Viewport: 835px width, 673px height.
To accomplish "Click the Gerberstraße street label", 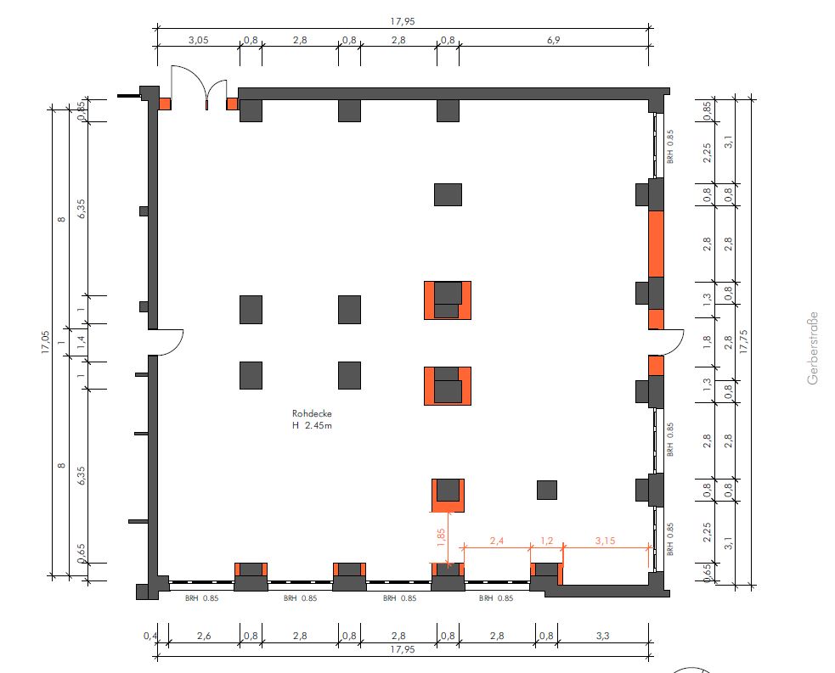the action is click(813, 348).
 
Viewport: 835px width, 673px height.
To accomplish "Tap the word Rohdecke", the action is click(312, 413).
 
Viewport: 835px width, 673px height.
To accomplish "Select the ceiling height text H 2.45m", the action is click(312, 426).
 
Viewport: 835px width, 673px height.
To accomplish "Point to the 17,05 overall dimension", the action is click(45, 343).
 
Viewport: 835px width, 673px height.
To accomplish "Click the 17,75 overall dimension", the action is click(743, 341).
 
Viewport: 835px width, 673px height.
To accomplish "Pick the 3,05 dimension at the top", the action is click(198, 40).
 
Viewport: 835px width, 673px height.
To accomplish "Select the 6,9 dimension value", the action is click(553, 40).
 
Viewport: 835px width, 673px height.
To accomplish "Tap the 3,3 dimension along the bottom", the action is click(602, 635).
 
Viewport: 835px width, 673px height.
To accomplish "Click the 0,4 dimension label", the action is click(150, 635).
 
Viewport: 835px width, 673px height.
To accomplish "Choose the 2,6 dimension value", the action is click(204, 635).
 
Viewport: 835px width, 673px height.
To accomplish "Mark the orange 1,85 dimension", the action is click(441, 538).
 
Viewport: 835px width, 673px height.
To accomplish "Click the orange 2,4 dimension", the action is click(496, 541).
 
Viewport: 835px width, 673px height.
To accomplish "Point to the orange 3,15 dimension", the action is click(605, 541).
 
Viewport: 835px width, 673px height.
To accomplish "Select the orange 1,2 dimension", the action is click(546, 541).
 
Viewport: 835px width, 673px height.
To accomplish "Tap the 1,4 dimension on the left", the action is click(81, 343).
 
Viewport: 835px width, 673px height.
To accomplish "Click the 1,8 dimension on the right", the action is click(707, 341).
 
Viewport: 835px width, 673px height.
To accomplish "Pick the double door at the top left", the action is click(199, 87).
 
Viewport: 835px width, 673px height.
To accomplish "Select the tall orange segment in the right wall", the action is click(656, 244).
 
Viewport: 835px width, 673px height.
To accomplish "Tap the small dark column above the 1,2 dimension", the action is click(547, 490).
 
